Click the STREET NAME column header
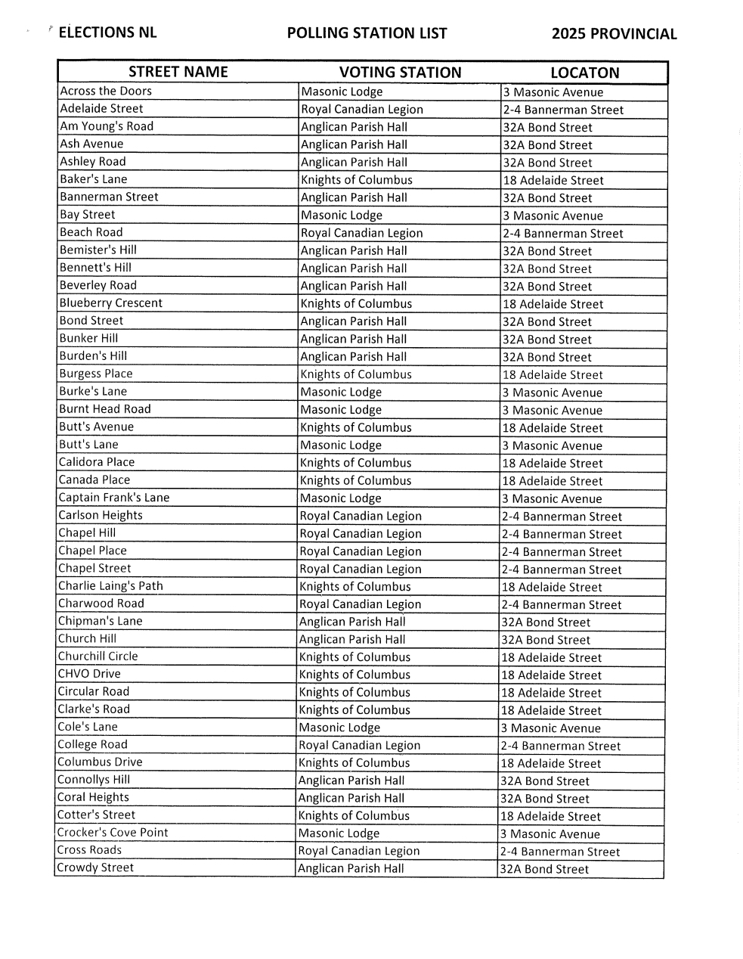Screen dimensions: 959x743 (178, 72)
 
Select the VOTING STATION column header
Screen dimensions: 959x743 (400, 73)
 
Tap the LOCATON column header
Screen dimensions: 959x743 (584, 73)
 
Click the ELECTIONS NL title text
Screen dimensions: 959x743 (107, 33)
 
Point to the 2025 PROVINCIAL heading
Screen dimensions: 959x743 (614, 34)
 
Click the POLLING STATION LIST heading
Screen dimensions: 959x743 (367, 33)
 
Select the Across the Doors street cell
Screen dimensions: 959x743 (106, 92)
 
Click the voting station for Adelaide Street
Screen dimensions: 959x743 (362, 110)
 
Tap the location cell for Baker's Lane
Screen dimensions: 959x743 (553, 180)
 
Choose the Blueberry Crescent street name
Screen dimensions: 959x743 (111, 303)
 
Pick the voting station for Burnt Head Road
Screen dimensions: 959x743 (341, 410)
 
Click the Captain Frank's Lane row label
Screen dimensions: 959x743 (114, 498)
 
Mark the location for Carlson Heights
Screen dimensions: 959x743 (562, 517)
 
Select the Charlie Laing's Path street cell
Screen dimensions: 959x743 (110, 586)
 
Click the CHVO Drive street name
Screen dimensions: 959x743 (89, 674)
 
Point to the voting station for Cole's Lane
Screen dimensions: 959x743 (339, 728)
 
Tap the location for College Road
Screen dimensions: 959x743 (560, 746)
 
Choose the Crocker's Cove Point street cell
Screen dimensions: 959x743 (113, 833)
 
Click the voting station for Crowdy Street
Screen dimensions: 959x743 (351, 868)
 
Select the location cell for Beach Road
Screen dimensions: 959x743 (562, 234)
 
